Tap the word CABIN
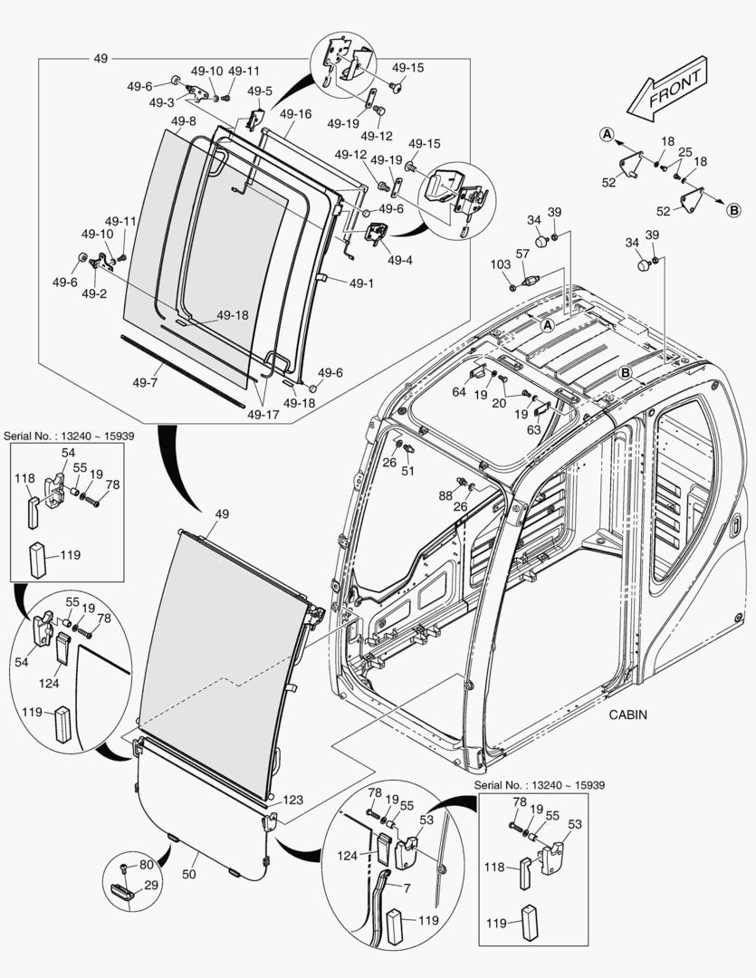[x=628, y=714]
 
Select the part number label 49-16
[x=295, y=114]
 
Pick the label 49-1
[x=359, y=283]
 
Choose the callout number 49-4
[x=399, y=261]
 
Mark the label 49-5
[x=260, y=91]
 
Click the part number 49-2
[x=94, y=294]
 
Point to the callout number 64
[x=459, y=392]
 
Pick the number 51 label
[x=407, y=471]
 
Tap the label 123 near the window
[x=292, y=801]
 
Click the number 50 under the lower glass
[x=189, y=875]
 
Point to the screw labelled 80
[x=125, y=868]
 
